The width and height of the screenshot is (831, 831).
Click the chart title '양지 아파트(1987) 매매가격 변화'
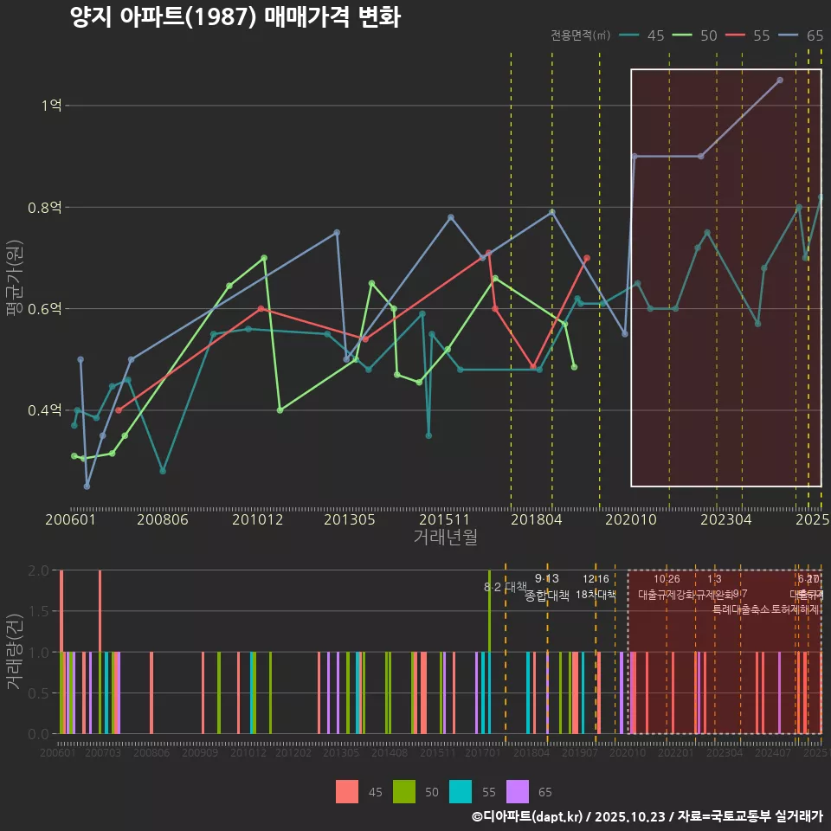pyautogui.click(x=235, y=18)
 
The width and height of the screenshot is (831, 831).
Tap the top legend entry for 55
pyautogui.click(x=750, y=35)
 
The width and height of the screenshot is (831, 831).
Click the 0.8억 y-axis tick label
pyautogui.click(x=45, y=208)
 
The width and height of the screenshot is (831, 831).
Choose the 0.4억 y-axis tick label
pyautogui.click(x=45, y=410)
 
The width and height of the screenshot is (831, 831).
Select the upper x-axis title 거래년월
pyautogui.click(x=445, y=538)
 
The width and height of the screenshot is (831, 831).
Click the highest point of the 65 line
pyautogui.click(x=780, y=80)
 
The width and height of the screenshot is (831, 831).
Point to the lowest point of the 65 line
pyautogui.click(x=87, y=486)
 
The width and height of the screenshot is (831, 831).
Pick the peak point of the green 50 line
pyautogui.click(x=264, y=258)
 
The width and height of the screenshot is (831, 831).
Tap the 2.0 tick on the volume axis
pyautogui.click(x=38, y=570)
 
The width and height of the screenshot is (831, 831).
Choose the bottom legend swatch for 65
pyautogui.click(x=518, y=791)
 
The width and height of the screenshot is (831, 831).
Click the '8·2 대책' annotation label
pyautogui.click(x=506, y=586)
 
